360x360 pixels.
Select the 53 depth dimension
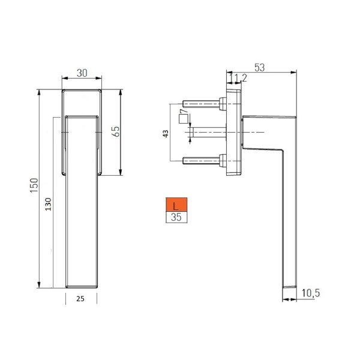(x=259, y=68)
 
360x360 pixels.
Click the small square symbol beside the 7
(x=182, y=118)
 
